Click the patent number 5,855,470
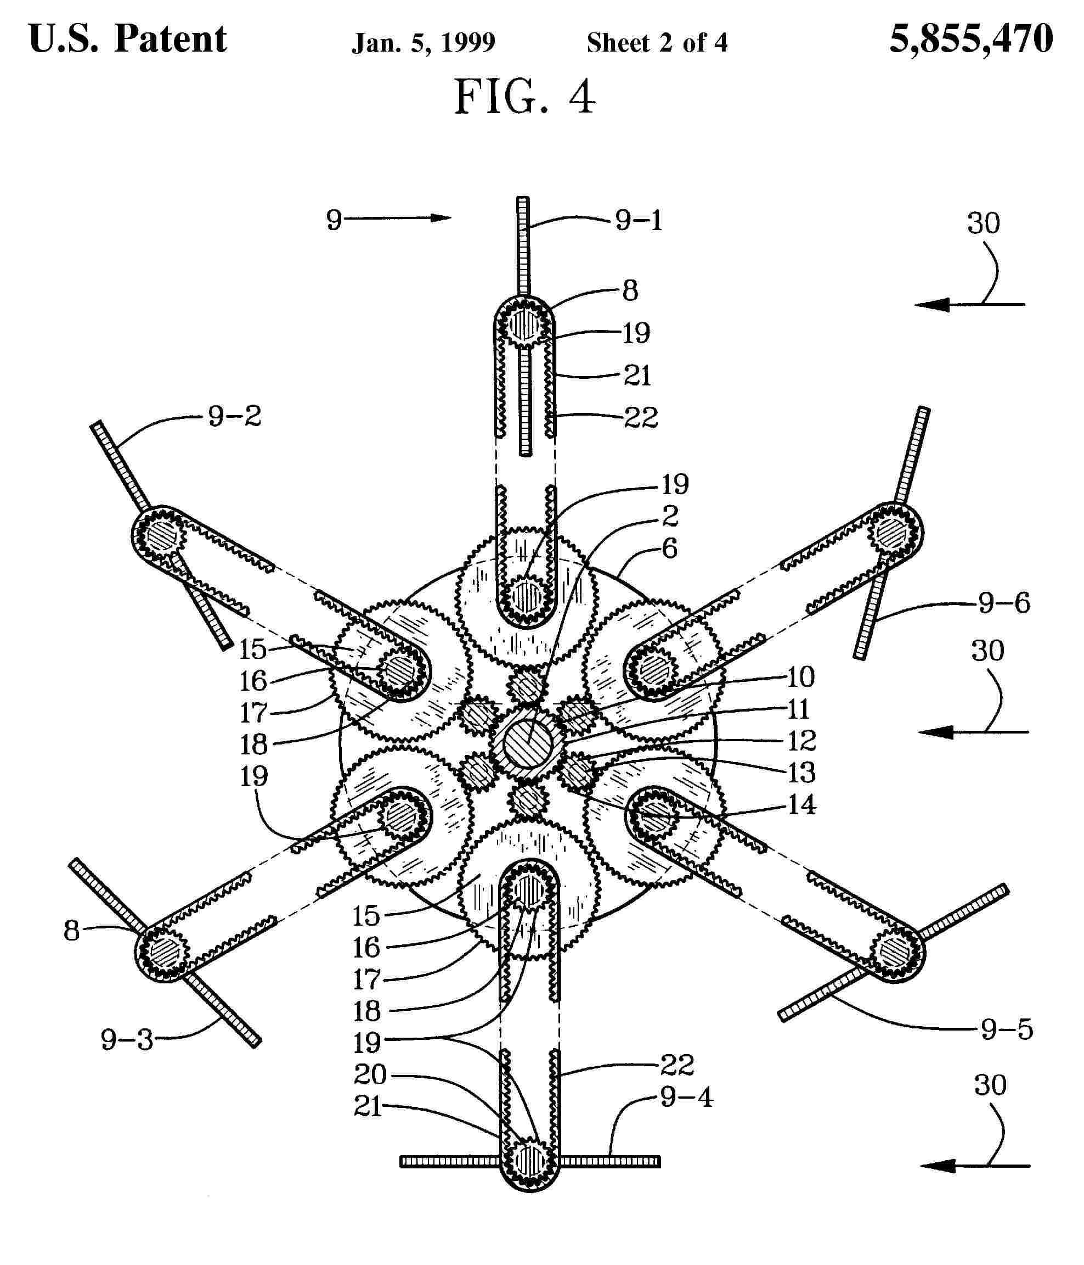click(x=970, y=39)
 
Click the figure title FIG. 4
click(x=524, y=97)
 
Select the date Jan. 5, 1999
click(x=424, y=43)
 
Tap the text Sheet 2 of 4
click(x=657, y=43)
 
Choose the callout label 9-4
click(x=686, y=1098)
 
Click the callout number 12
click(x=801, y=741)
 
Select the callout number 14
click(x=801, y=805)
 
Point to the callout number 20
click(x=370, y=1074)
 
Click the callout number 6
click(x=670, y=548)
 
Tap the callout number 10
click(x=800, y=676)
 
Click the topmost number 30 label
click(x=984, y=223)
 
